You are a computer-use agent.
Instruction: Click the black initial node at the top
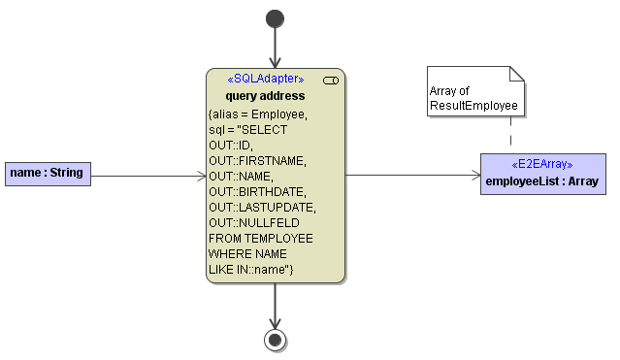coord(276,18)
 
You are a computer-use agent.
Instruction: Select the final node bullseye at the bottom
coord(276,339)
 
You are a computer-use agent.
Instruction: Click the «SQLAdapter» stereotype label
coord(265,79)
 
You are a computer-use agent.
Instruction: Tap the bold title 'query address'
coord(265,95)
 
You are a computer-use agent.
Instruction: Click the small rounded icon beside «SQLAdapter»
coord(330,80)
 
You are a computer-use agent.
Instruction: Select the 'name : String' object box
coord(47,175)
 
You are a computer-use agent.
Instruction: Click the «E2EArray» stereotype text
coord(542,164)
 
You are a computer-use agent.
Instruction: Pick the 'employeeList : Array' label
coord(542,180)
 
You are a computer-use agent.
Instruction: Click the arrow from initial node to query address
coord(276,49)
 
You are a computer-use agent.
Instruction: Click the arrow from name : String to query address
coord(146,176)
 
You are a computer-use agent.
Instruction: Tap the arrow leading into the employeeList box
coord(412,176)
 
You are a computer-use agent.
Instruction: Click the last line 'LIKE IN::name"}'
coord(250,269)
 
